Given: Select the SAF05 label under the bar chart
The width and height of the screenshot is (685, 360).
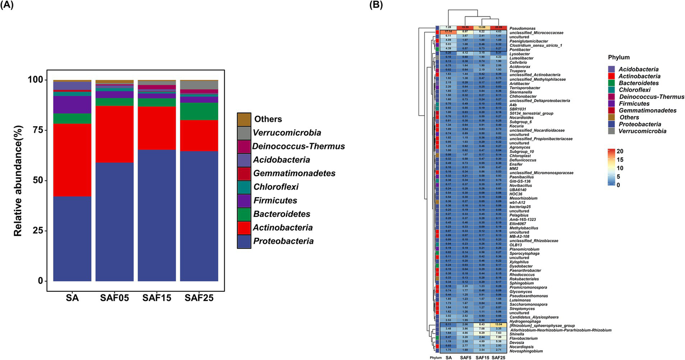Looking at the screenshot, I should pos(115,298).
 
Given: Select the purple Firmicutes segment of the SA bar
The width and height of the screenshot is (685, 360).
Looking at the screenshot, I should pos(72,105).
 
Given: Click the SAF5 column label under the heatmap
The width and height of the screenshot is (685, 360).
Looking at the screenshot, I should pos(465,357).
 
